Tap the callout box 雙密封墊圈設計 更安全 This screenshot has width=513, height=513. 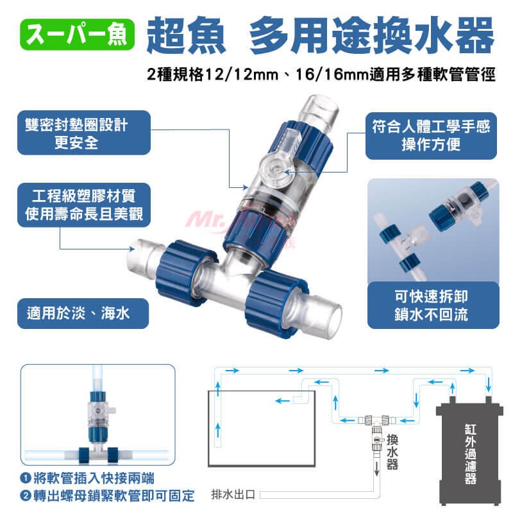click(84, 133)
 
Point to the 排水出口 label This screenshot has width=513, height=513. click(233, 494)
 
